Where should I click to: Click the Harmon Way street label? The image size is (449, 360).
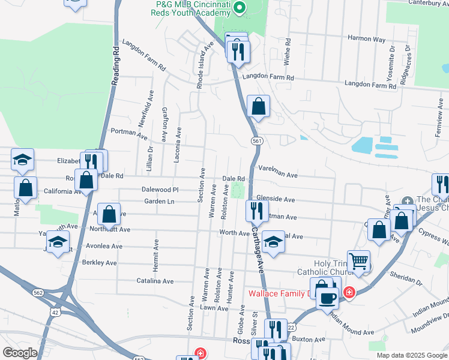[x=367, y=39]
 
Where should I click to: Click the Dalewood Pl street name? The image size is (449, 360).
[x=160, y=189]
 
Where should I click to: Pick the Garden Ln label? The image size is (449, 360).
[x=159, y=202]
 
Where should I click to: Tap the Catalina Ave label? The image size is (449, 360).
[x=155, y=281]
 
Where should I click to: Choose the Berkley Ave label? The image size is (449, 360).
[x=99, y=263]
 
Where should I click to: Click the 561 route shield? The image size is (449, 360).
[x=256, y=140]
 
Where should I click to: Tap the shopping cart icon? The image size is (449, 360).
[x=358, y=260]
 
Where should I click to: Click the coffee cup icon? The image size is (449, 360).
[x=327, y=297]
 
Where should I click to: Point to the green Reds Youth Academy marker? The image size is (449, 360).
[x=240, y=8]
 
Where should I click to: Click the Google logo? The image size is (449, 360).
[x=19, y=353]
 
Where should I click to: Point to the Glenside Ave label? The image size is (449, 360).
[x=276, y=199]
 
